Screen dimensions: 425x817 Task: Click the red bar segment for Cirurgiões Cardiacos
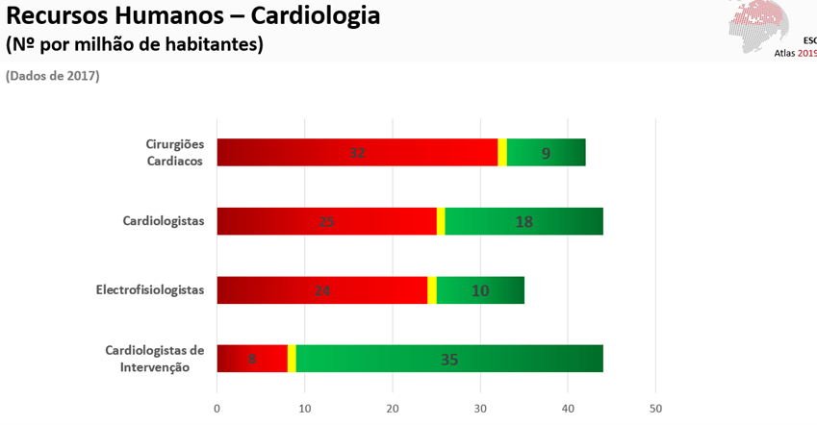[x=357, y=152]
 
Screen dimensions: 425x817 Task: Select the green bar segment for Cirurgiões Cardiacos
[x=546, y=152]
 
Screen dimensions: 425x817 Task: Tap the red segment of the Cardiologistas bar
[x=326, y=221]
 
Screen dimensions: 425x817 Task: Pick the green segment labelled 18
[x=523, y=221]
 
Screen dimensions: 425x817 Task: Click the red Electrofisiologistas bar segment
[x=321, y=290]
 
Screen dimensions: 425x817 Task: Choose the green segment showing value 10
[x=480, y=290]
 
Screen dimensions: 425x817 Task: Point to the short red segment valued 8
[x=252, y=359]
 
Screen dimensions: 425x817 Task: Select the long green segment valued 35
[x=449, y=359]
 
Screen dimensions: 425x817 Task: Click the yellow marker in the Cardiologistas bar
[x=441, y=221]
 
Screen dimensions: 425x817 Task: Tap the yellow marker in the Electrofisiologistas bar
[x=432, y=290]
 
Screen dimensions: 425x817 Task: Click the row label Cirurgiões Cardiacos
[x=174, y=152]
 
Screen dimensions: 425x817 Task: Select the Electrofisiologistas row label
[x=150, y=289]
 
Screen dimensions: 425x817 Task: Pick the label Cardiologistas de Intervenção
[x=155, y=358]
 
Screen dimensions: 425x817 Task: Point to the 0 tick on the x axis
[x=217, y=409]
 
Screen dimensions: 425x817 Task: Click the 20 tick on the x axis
[x=393, y=409]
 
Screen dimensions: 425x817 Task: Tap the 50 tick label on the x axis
[x=655, y=409]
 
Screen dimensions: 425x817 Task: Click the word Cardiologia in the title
[x=317, y=16]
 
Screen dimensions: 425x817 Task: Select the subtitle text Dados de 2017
[x=53, y=76]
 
